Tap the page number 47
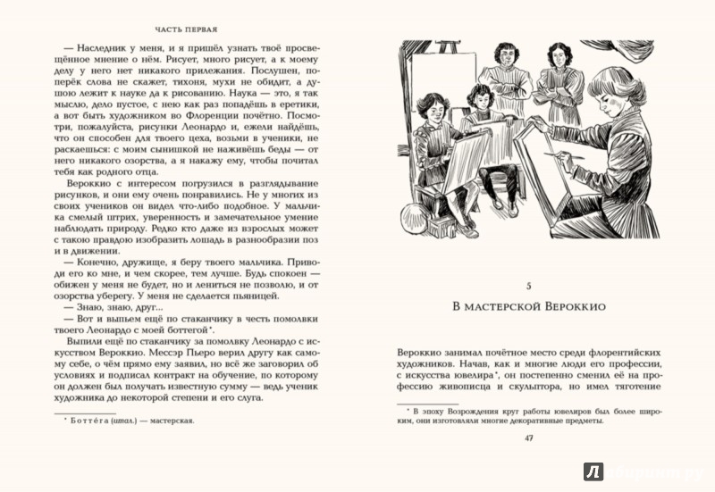pos(529,438)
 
